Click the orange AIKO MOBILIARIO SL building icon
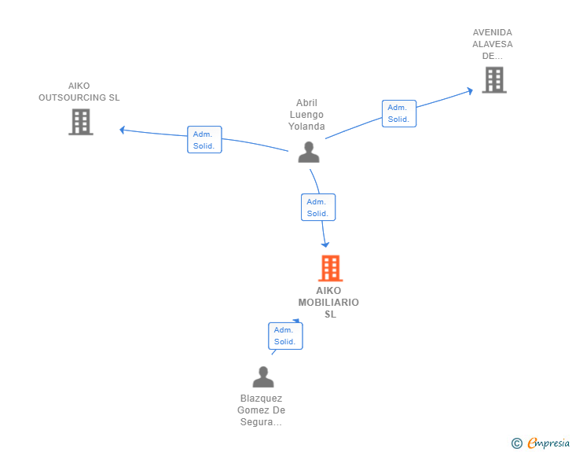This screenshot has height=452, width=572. click(330, 269)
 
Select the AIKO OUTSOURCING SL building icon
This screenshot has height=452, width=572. click(80, 122)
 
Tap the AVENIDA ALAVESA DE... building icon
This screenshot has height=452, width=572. click(493, 79)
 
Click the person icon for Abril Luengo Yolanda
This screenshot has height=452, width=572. click(309, 152)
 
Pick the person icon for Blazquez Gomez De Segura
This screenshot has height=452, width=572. click(263, 377)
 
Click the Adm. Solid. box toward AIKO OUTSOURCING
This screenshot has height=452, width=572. click(204, 140)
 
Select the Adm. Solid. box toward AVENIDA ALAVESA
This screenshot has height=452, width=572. click(398, 113)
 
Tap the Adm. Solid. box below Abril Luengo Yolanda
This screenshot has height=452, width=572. click(317, 208)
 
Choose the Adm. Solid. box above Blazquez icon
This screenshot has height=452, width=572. click(284, 336)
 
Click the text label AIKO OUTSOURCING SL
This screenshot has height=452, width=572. click(79, 92)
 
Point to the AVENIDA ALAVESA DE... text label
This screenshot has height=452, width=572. click(493, 44)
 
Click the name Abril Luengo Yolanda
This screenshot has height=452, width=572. click(306, 115)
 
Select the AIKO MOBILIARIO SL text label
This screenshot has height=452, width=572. click(329, 302)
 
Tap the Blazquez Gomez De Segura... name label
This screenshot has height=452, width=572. click(262, 410)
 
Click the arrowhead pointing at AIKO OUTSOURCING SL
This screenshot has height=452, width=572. click(122, 130)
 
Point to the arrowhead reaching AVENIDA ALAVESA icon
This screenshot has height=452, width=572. click(470, 90)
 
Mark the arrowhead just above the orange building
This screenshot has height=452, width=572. click(325, 244)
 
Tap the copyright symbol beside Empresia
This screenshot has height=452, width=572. click(516, 443)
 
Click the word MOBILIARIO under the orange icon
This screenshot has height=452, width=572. click(328, 303)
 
